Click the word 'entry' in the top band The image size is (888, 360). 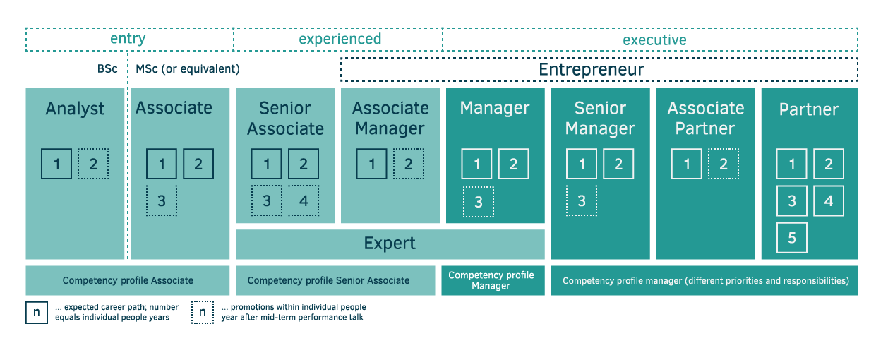pos(128,39)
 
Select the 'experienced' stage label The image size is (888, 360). pos(340,39)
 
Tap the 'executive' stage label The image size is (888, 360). pos(654,40)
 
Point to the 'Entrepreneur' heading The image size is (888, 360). pos(591,69)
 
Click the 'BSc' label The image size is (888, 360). pos(107,68)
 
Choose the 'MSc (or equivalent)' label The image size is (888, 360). pos(188,69)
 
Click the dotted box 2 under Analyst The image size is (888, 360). pos(93,164)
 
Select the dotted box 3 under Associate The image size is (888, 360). pos(162,200)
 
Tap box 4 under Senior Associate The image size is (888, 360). pos(304,200)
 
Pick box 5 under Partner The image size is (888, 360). pos(792,238)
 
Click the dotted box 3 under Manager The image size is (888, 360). pos(479,202)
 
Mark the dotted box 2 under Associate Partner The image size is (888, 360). pos(724,164)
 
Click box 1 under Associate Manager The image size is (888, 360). pos(371,164)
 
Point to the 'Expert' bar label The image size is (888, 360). pos(390,243)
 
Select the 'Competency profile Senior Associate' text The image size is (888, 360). pos(328,280)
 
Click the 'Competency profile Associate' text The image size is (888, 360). pos(128,280)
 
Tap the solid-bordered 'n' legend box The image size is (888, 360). pos(37,313)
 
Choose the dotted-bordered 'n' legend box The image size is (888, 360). pos(202,313)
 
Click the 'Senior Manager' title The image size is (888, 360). pos(600,118)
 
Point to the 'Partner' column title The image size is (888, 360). pos(809,109)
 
